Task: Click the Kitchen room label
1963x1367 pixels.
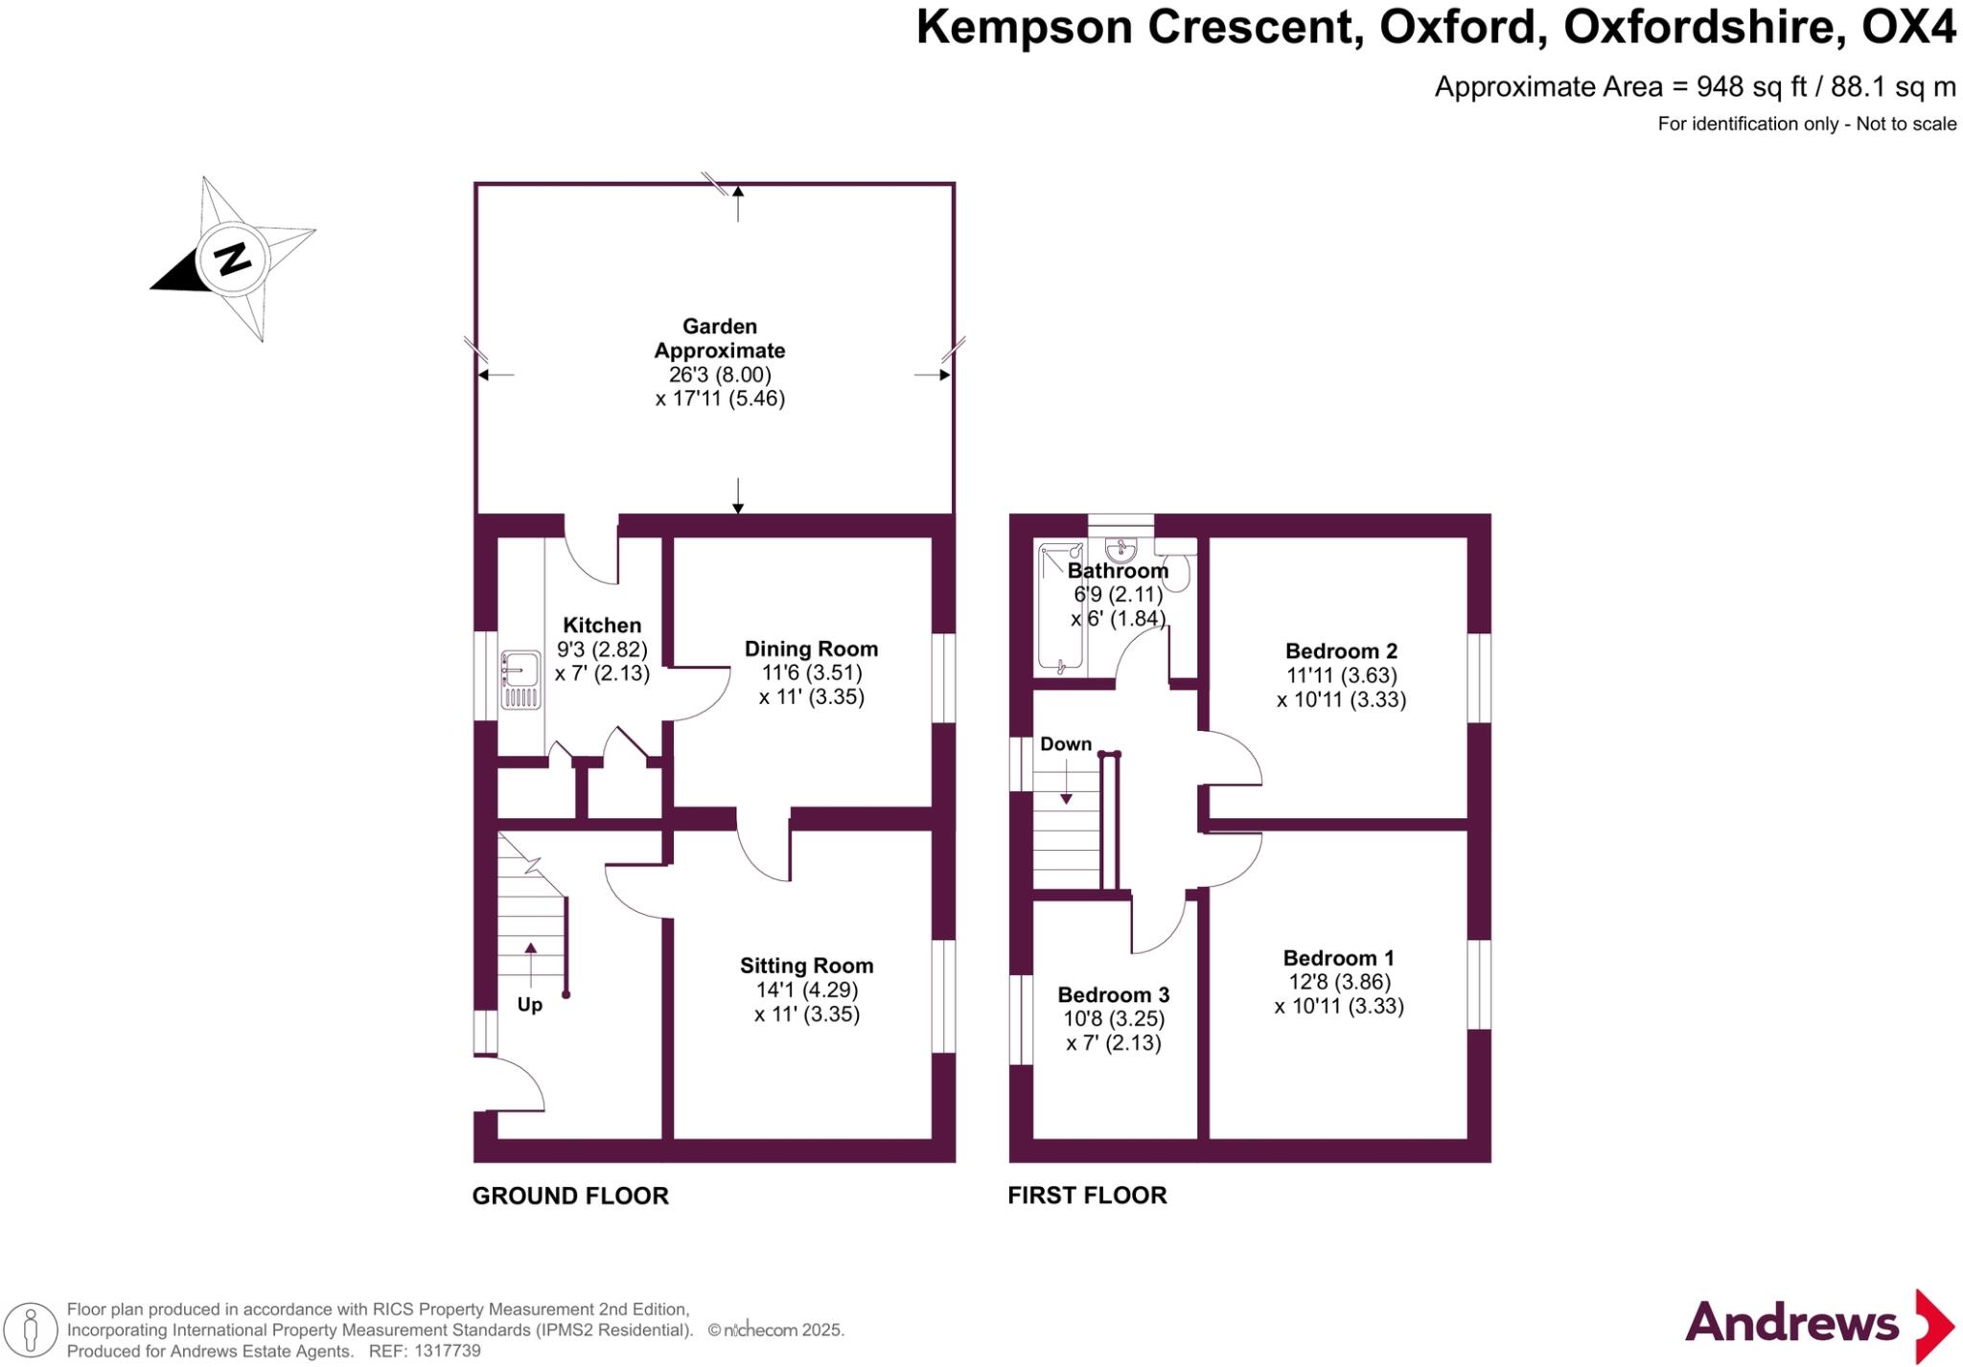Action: point(602,626)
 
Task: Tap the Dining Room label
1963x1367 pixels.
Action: point(811,649)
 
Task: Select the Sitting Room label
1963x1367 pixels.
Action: point(806,966)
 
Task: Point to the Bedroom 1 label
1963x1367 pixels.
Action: point(1338,958)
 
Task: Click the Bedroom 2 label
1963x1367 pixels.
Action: point(1341,651)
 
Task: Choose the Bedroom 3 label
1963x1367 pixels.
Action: point(1113,995)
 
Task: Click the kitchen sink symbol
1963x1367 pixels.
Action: point(519,681)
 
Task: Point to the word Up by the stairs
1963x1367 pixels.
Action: point(530,1005)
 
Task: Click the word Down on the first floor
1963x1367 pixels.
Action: point(1066,744)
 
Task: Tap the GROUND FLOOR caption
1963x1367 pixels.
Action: point(570,1196)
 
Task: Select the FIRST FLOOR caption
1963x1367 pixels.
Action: point(1087,1196)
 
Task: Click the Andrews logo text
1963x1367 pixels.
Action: point(1791,1323)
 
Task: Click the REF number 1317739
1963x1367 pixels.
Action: point(447,1352)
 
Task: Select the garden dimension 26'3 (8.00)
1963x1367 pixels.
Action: point(720,375)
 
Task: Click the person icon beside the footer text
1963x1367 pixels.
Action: point(30,1331)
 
